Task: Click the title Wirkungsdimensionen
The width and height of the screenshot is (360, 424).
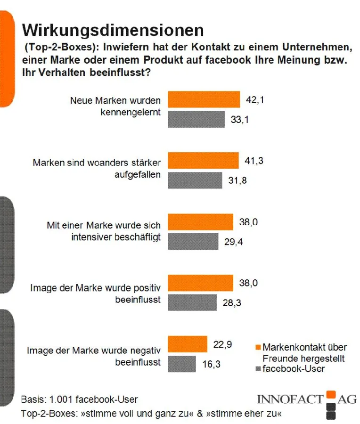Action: [113, 30]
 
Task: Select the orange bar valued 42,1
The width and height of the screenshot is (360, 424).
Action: [204, 100]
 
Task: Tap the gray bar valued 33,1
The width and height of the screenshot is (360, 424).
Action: [196, 119]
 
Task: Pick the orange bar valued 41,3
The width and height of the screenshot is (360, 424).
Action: [203, 161]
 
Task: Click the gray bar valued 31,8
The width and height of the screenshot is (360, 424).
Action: [195, 180]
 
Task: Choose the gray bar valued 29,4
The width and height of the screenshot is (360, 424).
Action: [193, 242]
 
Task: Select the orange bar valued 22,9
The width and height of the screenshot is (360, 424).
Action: [188, 344]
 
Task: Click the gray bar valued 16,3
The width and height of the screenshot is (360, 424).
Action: [182, 364]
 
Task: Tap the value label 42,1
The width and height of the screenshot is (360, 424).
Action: [255, 99]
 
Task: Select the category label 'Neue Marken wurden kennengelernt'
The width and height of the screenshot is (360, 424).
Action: [115, 106]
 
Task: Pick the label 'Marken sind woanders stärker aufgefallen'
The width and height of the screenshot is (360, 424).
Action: [97, 168]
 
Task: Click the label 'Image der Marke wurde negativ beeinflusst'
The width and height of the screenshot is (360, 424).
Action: [94, 356]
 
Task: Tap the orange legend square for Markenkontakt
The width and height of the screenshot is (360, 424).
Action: [258, 348]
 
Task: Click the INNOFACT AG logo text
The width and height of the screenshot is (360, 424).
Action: [306, 399]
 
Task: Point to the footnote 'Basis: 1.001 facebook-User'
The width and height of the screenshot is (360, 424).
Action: [80, 400]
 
